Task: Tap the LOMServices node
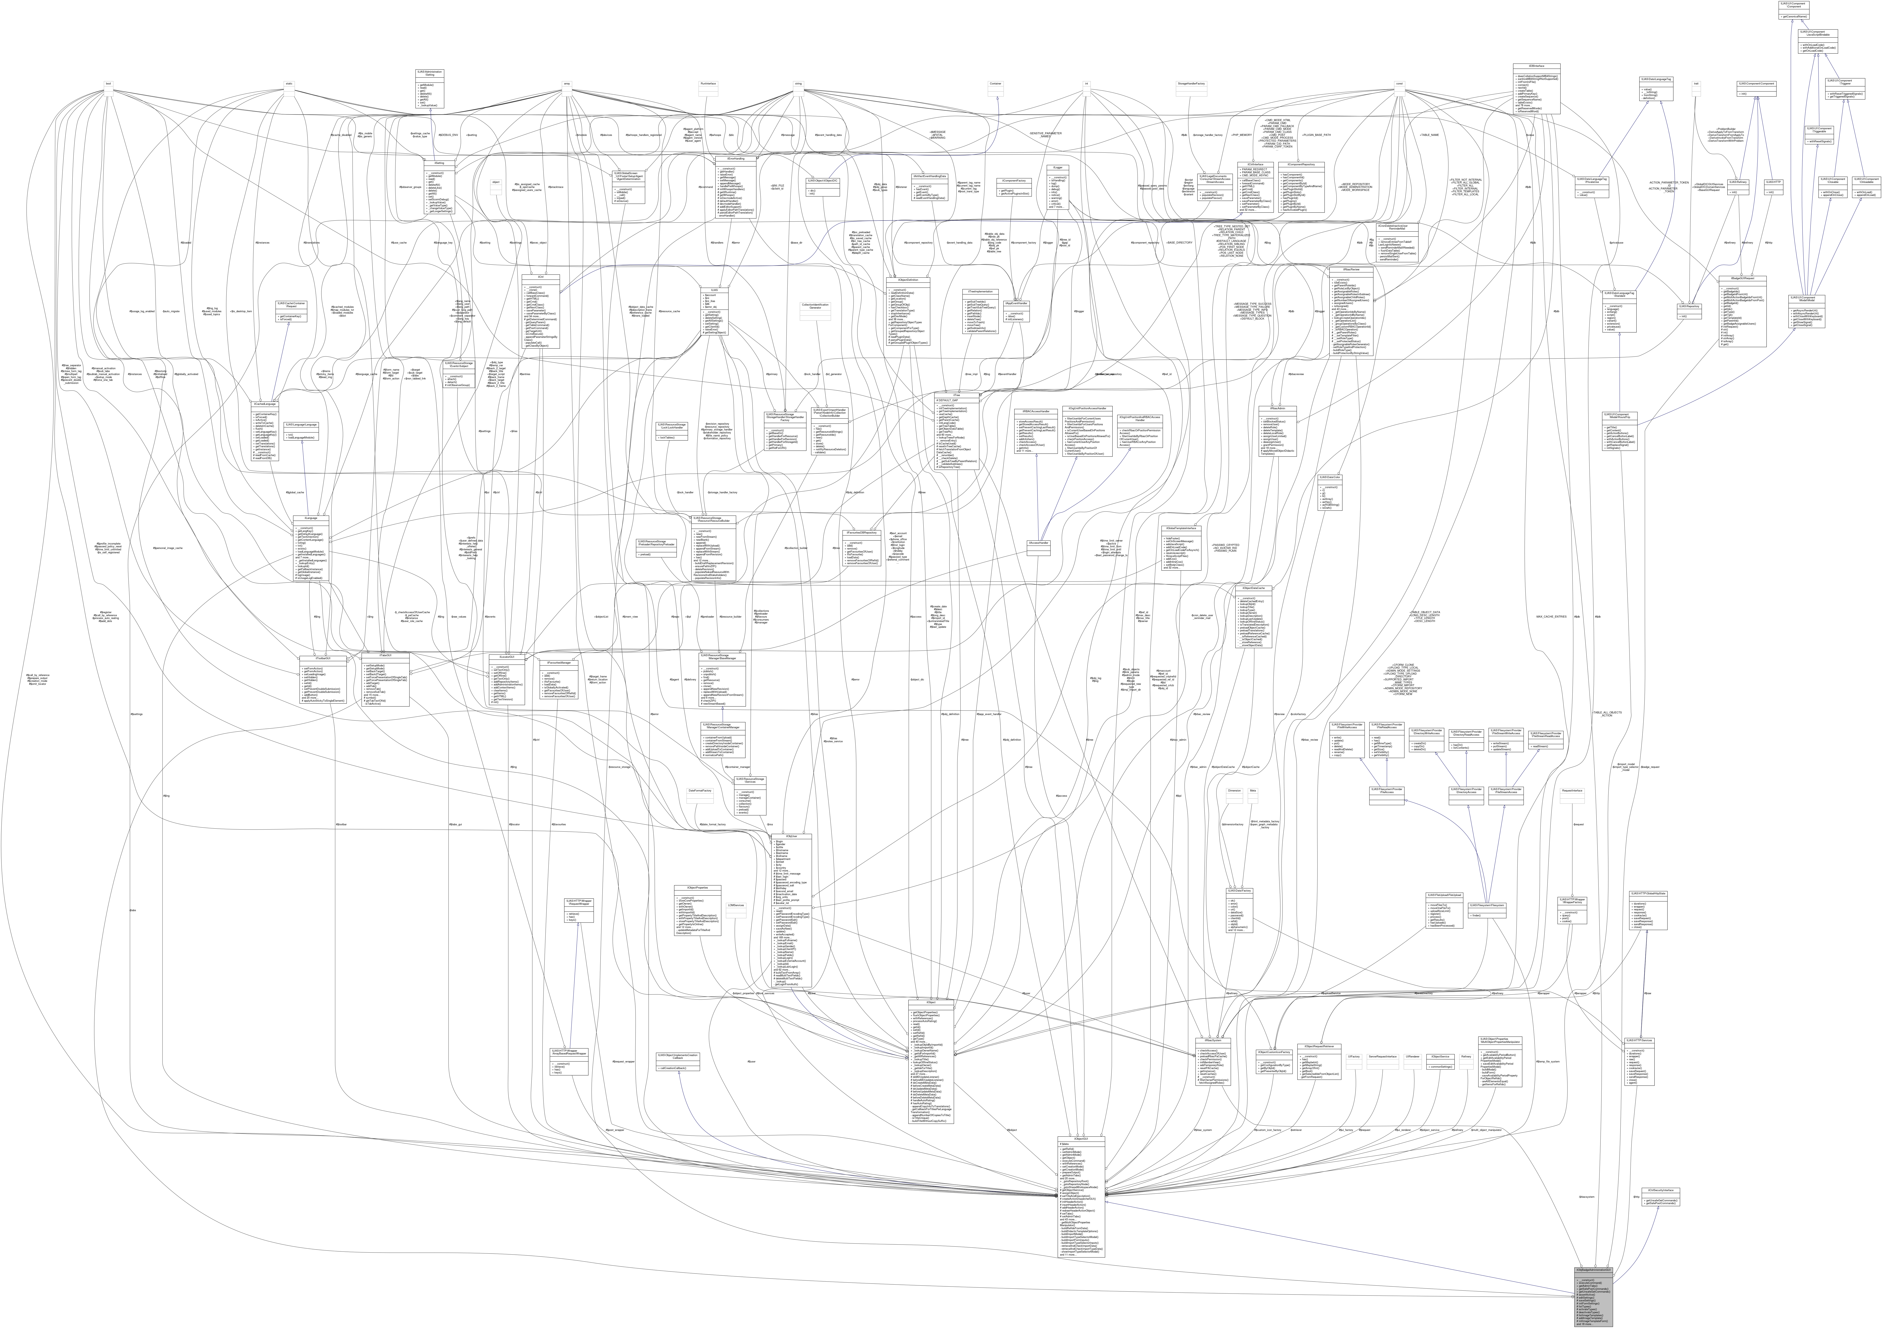735,906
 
